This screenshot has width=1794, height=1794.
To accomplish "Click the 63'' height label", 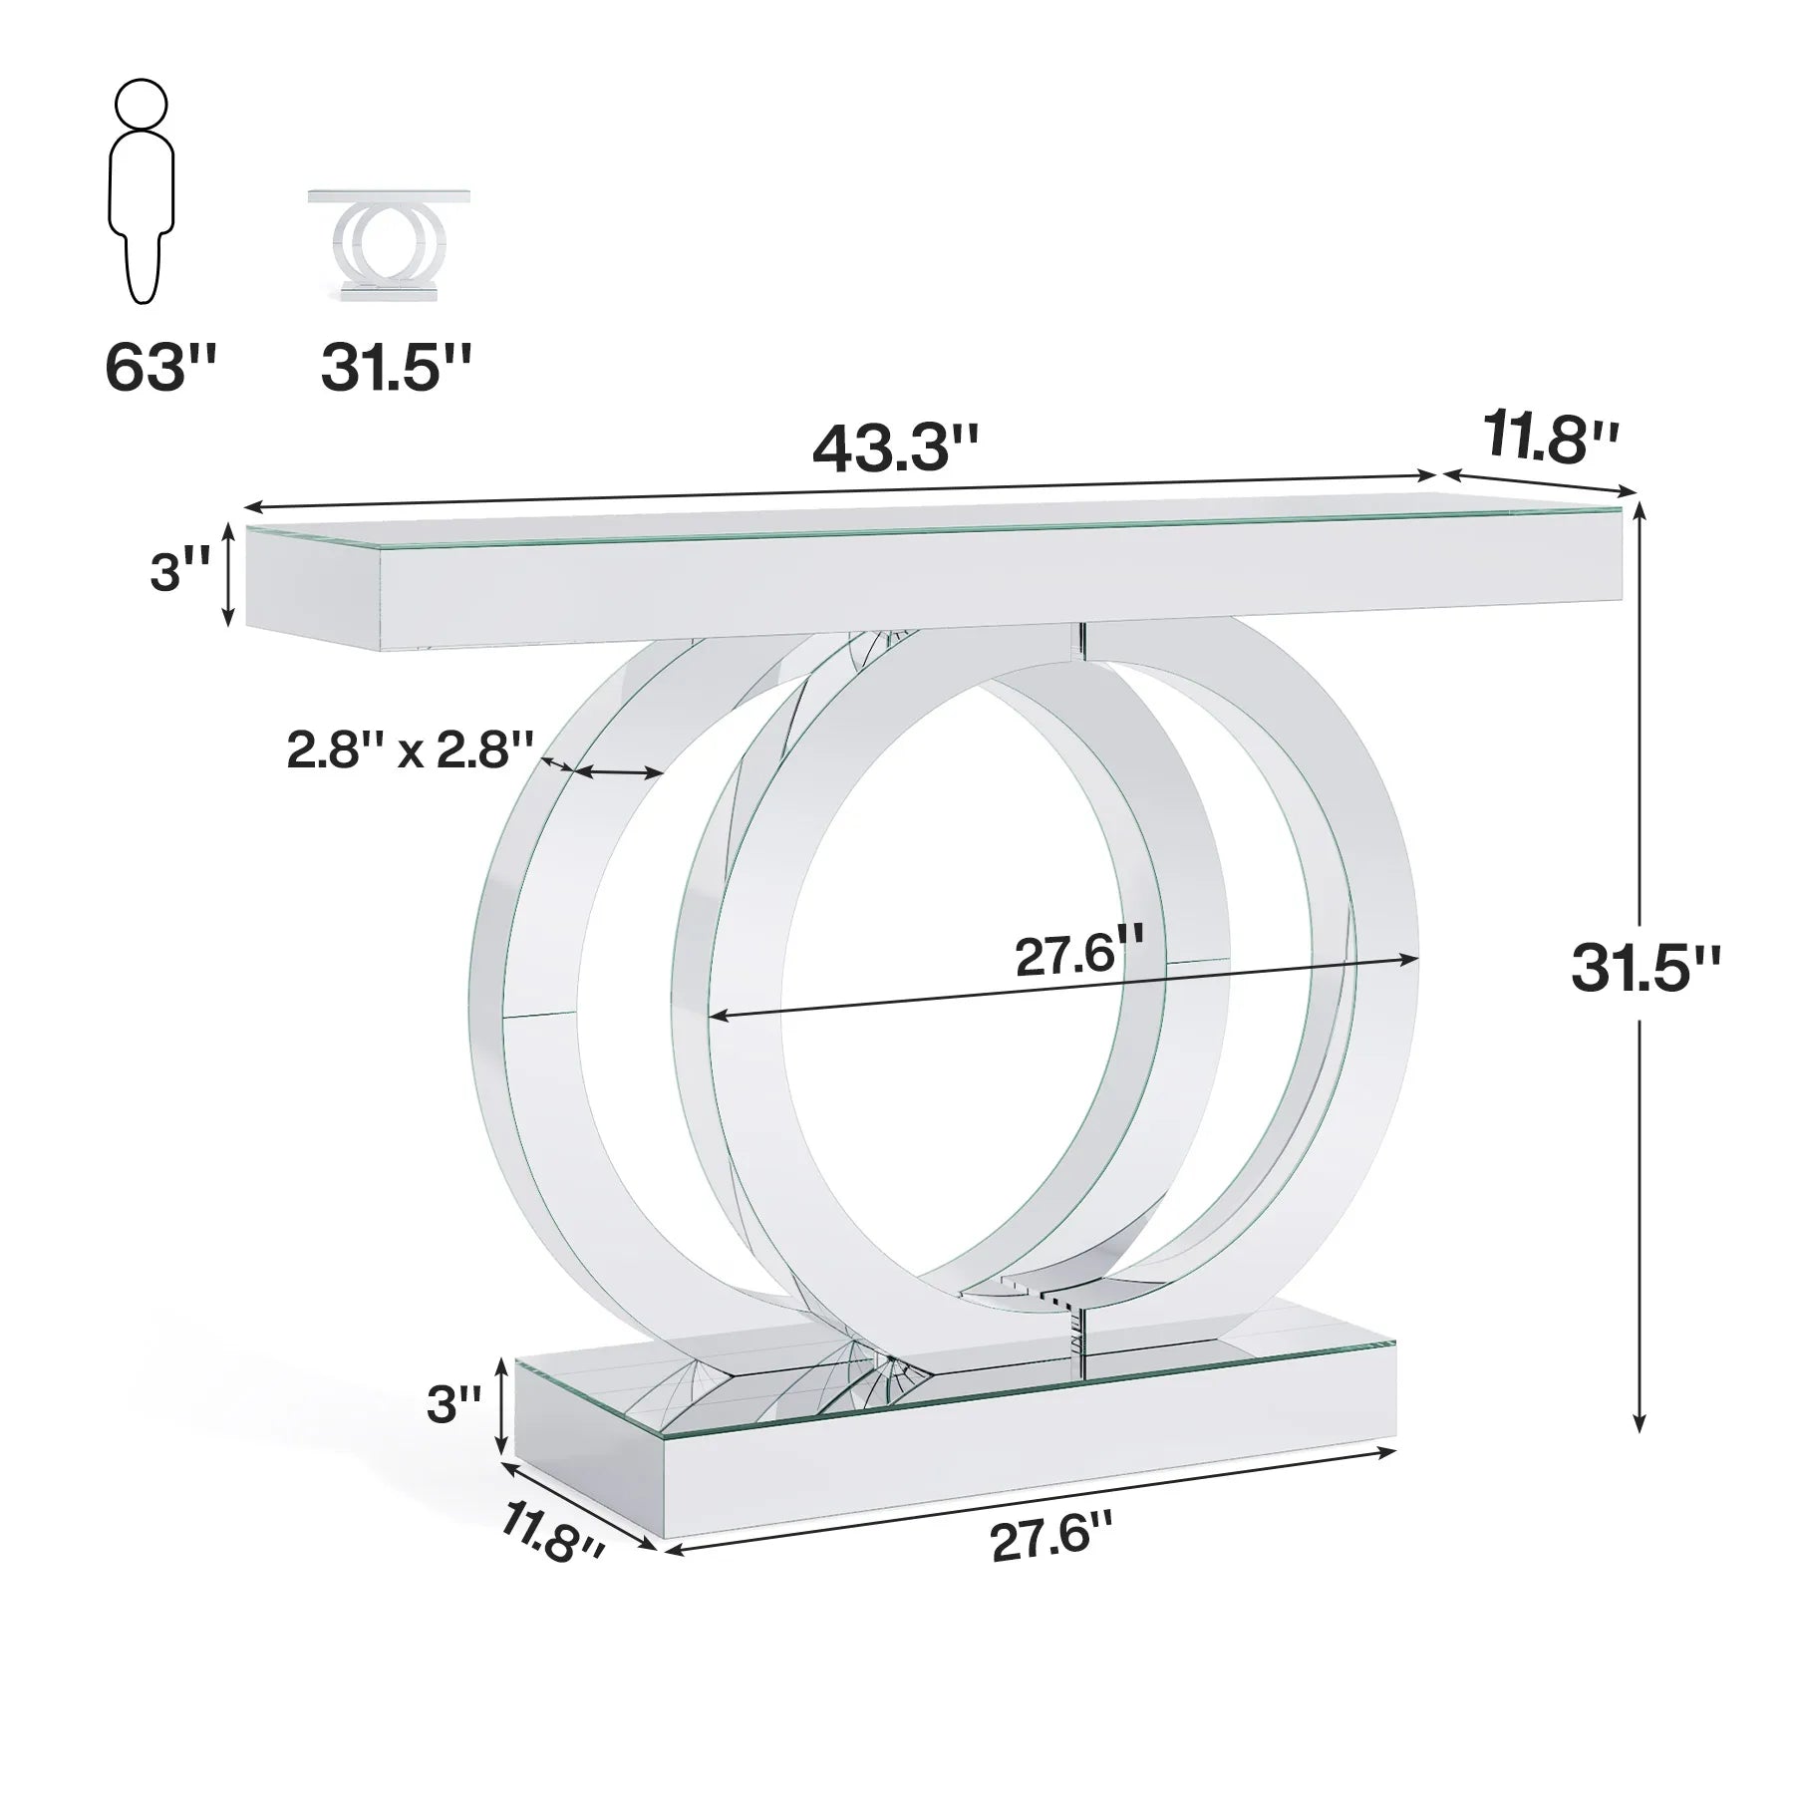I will tap(159, 369).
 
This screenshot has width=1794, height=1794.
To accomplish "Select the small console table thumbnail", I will tap(390, 244).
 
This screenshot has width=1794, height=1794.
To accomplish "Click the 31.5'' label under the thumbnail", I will tap(395, 369).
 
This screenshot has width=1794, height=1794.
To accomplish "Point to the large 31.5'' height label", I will tap(1644, 967).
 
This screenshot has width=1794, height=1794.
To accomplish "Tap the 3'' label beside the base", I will tap(453, 1404).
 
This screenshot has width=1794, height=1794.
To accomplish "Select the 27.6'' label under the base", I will tap(1050, 1540).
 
